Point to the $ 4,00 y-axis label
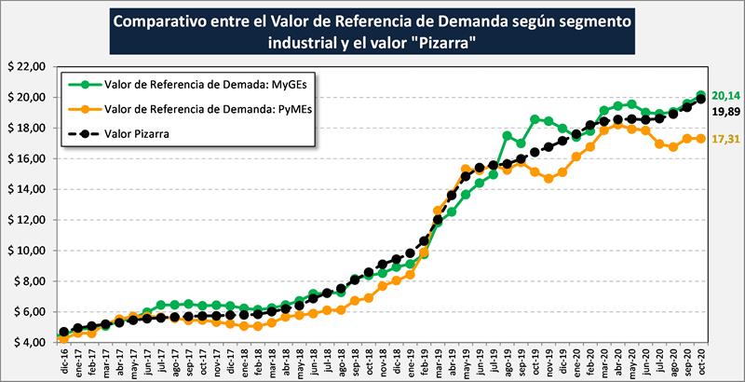pos(26,342)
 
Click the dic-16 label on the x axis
pos(61,359)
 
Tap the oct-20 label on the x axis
pos(700,359)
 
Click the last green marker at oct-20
pos(701,95)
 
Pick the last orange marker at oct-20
pos(701,138)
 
